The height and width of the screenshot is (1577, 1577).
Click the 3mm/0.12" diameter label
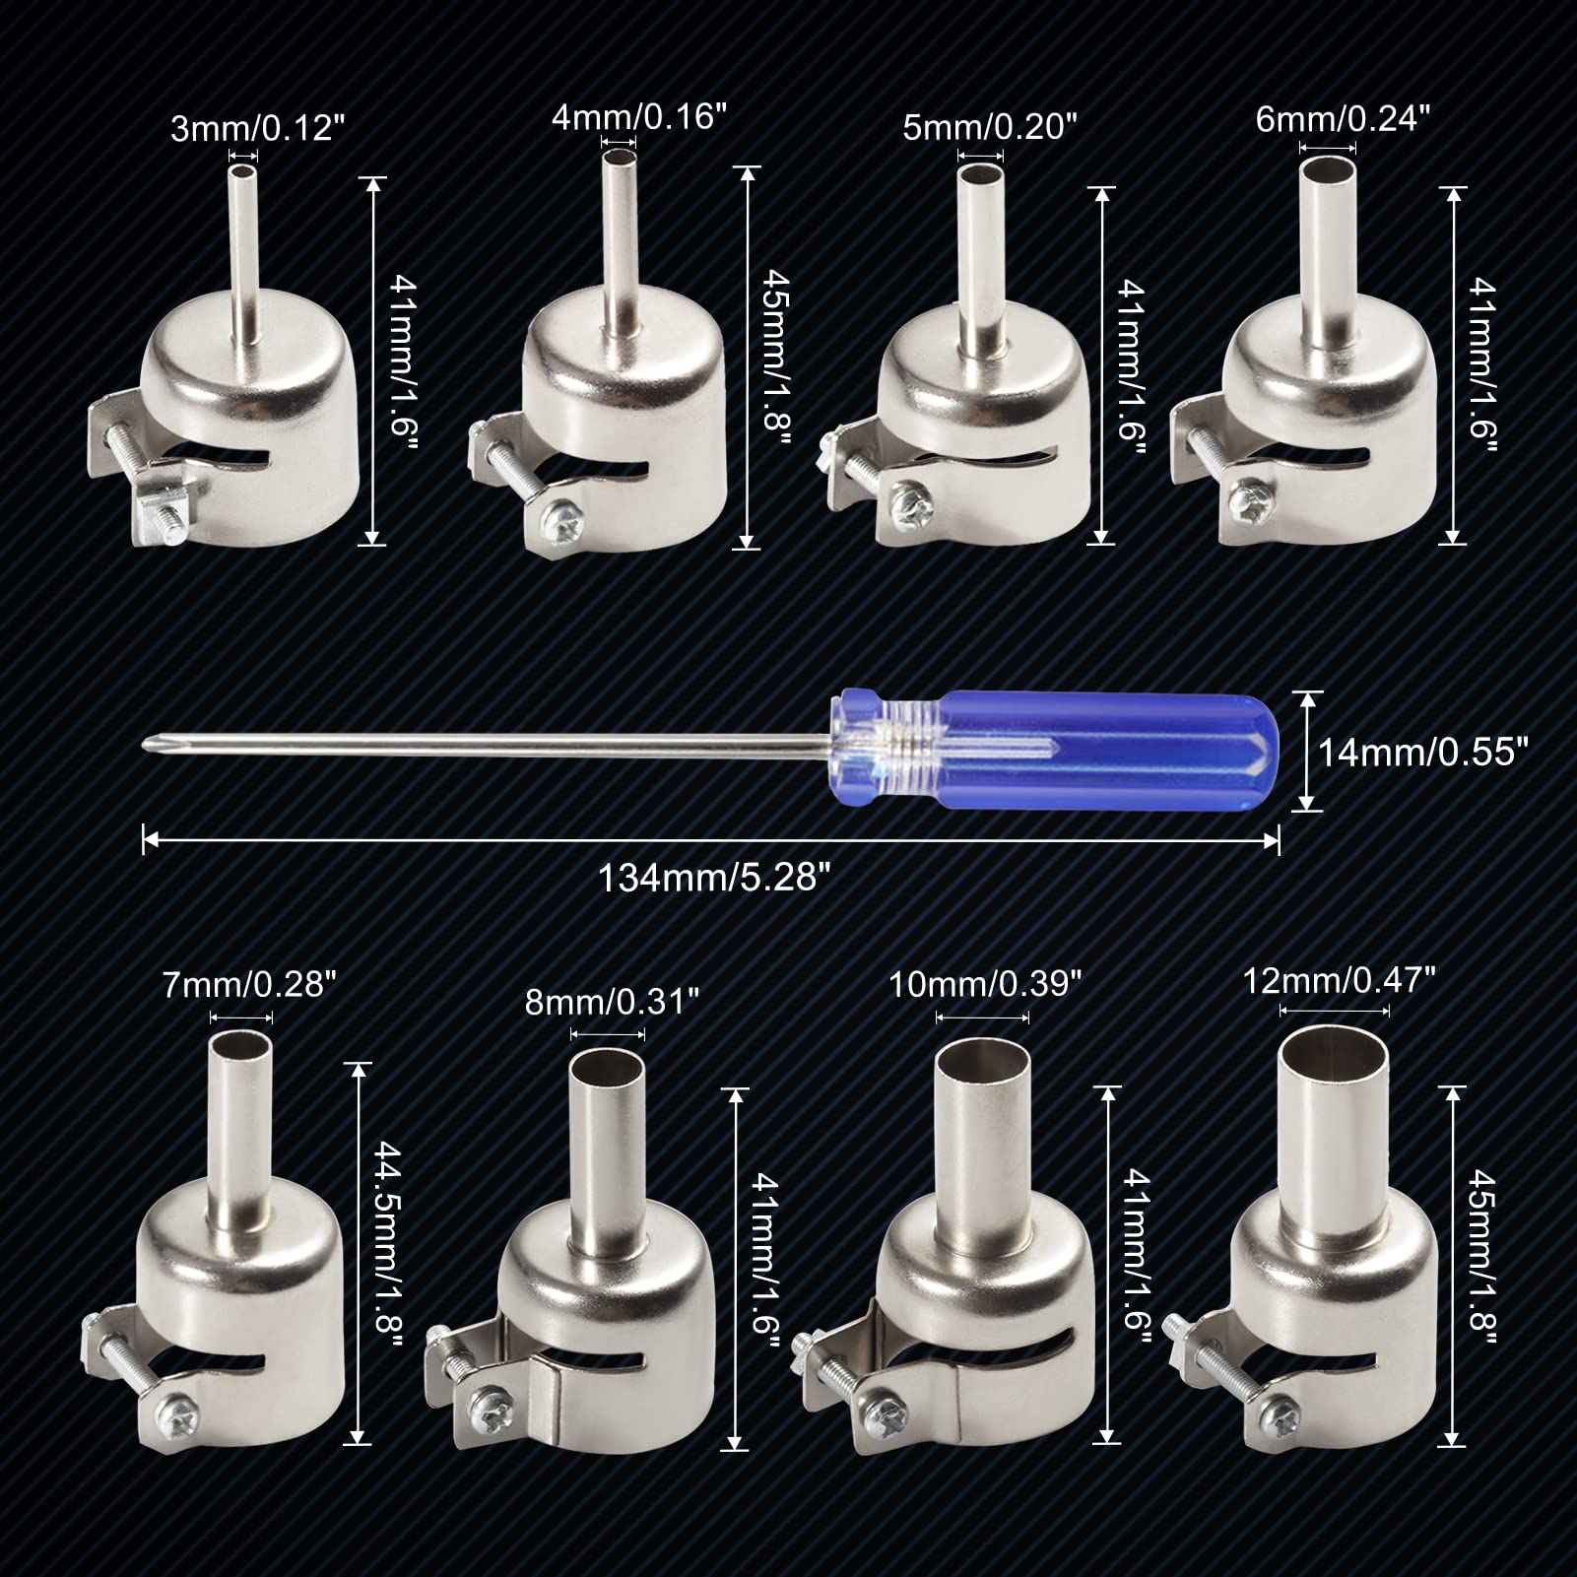[x=257, y=128]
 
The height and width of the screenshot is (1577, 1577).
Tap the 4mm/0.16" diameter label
[x=637, y=117]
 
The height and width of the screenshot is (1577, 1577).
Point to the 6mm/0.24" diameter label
[x=1343, y=118]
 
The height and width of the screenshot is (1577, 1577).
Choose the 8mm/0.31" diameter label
[x=612, y=1002]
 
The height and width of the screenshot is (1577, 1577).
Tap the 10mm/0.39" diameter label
[x=985, y=983]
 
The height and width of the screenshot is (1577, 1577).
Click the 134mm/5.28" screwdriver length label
[x=709, y=878]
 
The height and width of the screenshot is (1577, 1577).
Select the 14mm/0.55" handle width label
[x=1423, y=753]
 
